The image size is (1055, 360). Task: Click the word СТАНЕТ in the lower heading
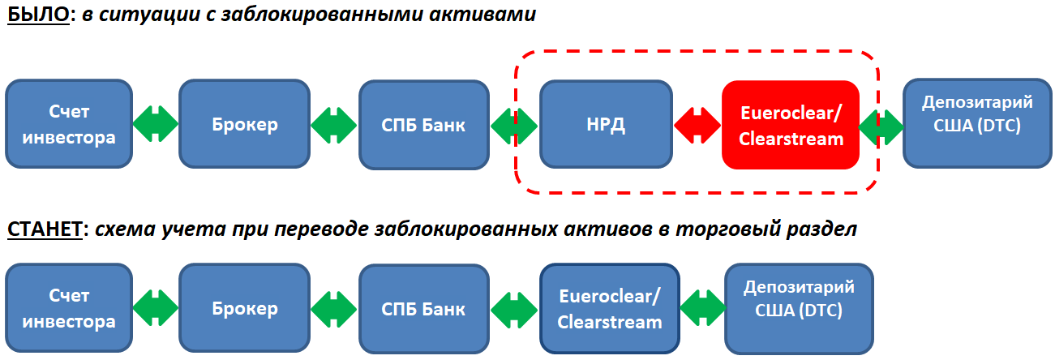[45, 229]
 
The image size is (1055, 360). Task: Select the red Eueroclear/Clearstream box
[790, 125]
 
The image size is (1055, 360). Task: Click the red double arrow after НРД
[697, 126]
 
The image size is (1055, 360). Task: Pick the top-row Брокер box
[245, 125]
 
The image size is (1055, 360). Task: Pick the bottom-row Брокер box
[245, 308]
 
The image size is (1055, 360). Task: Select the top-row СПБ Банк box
[424, 125]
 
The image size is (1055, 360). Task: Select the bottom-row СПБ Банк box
[424, 308]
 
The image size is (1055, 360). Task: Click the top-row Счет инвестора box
[69, 125]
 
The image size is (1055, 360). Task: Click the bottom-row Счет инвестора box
[69, 308]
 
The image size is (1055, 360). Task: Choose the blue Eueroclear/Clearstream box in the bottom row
[610, 308]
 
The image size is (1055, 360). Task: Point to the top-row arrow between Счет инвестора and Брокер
[156, 126]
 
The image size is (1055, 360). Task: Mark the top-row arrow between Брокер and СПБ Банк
[334, 126]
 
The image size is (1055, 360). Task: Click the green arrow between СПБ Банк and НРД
[514, 126]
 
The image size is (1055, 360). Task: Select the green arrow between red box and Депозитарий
[881, 126]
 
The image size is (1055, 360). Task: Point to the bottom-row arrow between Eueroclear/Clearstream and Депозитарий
[702, 309]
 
